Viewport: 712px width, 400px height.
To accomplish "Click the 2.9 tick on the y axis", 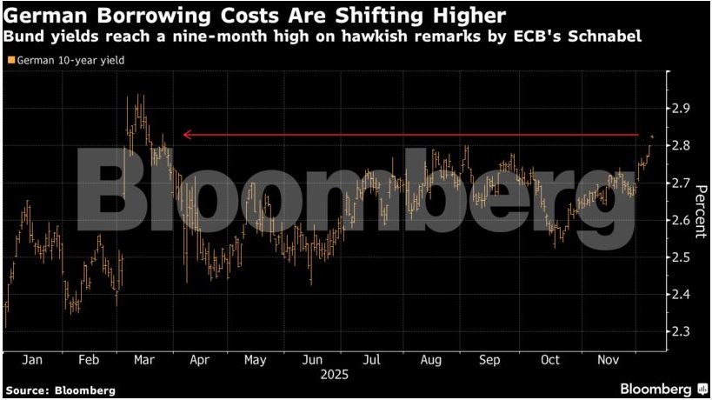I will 681,109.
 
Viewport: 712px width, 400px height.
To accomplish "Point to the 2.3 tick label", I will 681,332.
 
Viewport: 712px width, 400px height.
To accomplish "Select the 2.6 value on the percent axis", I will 681,221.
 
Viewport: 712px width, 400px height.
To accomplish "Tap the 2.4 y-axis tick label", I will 681,295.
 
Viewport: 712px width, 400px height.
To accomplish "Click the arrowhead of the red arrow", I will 184,135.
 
